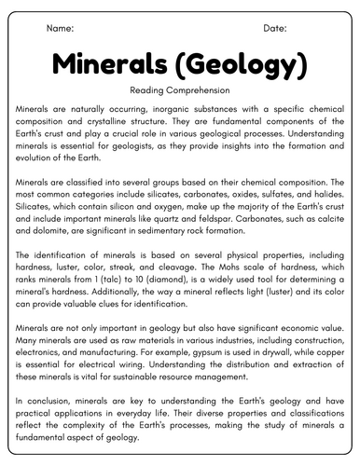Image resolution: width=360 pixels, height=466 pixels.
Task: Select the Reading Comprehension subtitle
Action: pos(180,91)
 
